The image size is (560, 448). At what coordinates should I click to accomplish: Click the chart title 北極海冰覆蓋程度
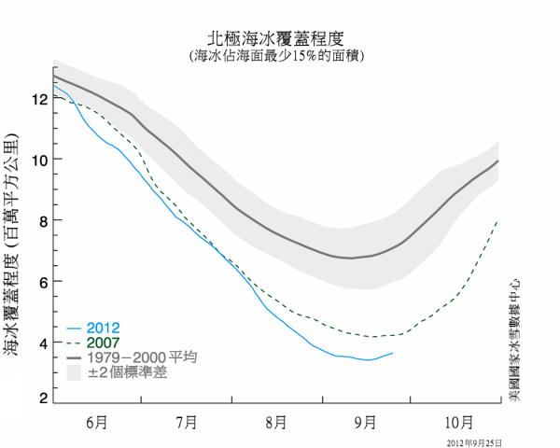pyautogui.click(x=279, y=40)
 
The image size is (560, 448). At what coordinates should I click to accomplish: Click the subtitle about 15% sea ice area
pyautogui.click(x=279, y=56)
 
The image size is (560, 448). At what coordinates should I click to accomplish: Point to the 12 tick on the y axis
pyautogui.click(x=38, y=98)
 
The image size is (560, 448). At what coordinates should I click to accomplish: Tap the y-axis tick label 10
pyautogui.click(x=38, y=160)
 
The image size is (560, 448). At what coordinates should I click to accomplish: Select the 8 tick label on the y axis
pyautogui.click(x=42, y=220)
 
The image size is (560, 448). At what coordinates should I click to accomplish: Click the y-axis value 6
pyautogui.click(x=42, y=282)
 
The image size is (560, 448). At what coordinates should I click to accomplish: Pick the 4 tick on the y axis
pyautogui.click(x=42, y=343)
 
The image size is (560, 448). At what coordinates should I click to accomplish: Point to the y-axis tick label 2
pyautogui.click(x=42, y=399)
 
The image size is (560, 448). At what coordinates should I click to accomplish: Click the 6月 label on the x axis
pyautogui.click(x=97, y=421)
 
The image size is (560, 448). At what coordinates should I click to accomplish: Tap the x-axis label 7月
pyautogui.click(x=187, y=421)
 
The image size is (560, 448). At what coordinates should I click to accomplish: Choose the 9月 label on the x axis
pyautogui.click(x=366, y=421)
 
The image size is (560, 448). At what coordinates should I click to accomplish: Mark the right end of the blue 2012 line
pyautogui.click(x=393, y=353)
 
